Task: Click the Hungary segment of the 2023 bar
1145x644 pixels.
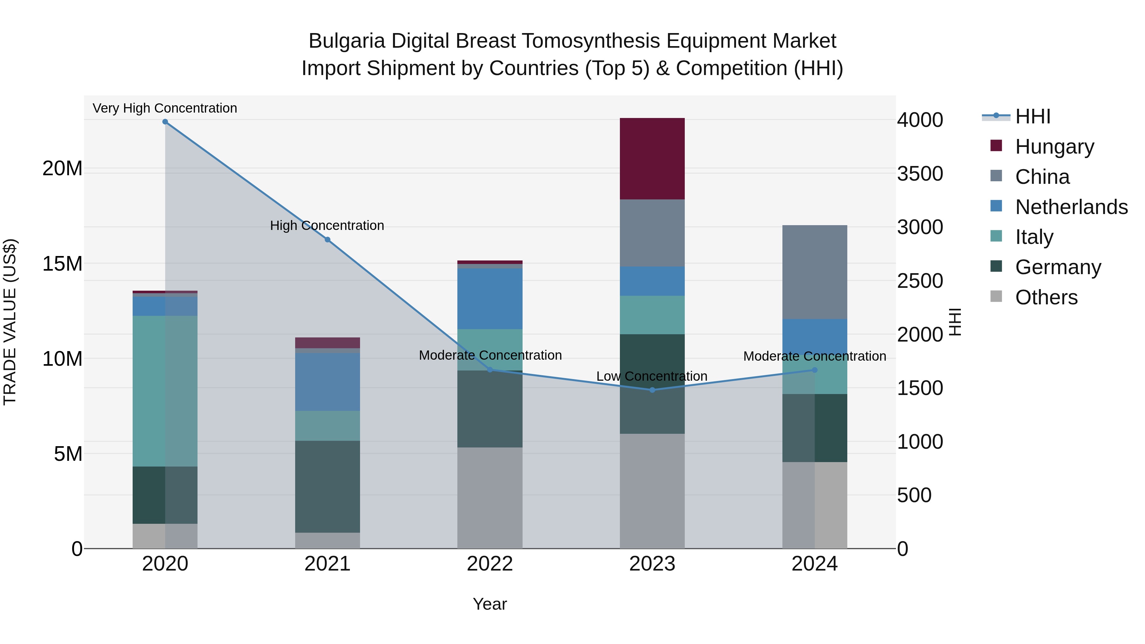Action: (x=652, y=159)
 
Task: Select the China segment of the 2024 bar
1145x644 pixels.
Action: (x=814, y=272)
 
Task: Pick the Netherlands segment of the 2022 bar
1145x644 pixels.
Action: (x=490, y=298)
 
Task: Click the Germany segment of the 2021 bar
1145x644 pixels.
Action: (x=328, y=487)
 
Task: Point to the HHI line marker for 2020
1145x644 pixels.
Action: (x=165, y=122)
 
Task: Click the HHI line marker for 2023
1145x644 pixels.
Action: (x=652, y=390)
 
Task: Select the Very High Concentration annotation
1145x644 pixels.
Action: (x=165, y=108)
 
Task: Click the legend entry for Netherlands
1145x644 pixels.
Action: (x=1071, y=207)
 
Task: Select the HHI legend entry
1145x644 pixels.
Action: (x=1032, y=116)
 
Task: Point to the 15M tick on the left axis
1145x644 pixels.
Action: (x=62, y=264)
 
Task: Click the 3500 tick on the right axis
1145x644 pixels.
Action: (x=919, y=174)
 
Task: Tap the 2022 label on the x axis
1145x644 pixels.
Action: (x=490, y=564)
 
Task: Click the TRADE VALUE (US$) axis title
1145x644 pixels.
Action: (x=10, y=322)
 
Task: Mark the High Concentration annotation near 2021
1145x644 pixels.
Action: (x=327, y=226)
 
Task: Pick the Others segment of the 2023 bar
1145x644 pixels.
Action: (x=652, y=491)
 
